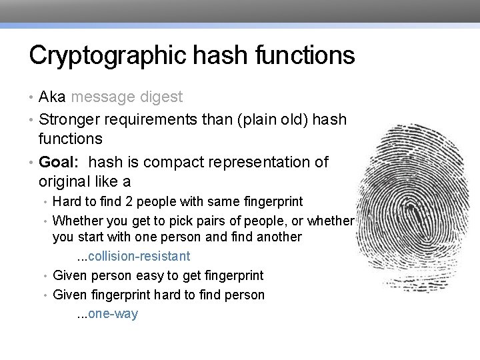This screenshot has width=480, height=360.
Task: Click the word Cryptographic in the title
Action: pyautogui.click(x=99, y=55)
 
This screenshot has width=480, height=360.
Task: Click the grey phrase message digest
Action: pyautogui.click(x=127, y=97)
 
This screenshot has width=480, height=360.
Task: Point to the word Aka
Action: pyautogui.click(x=52, y=97)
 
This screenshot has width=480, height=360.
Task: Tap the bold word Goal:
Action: pyautogui.click(x=61, y=162)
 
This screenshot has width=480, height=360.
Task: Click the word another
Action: pyautogui.click(x=279, y=237)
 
